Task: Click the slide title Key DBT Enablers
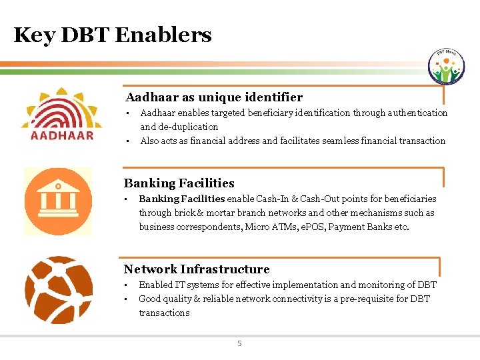113,35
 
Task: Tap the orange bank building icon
58,201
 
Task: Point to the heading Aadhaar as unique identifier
214,97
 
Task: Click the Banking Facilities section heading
179,183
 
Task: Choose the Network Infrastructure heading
197,269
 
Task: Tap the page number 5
240,344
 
